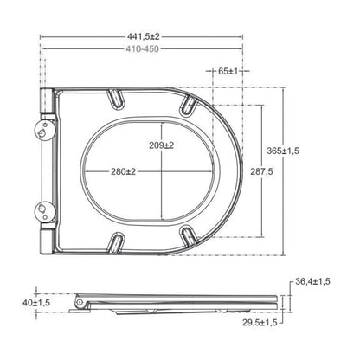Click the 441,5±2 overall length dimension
[x=143, y=37]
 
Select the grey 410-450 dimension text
[x=142, y=49]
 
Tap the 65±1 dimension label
[x=228, y=71]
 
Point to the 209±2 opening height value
[x=161, y=145]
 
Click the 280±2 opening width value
[x=123, y=171]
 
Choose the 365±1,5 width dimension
[x=283, y=151]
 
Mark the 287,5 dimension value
[x=261, y=171]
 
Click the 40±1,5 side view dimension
[x=36, y=303]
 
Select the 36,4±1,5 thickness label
[x=312, y=281]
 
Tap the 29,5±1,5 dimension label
[x=260, y=322]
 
